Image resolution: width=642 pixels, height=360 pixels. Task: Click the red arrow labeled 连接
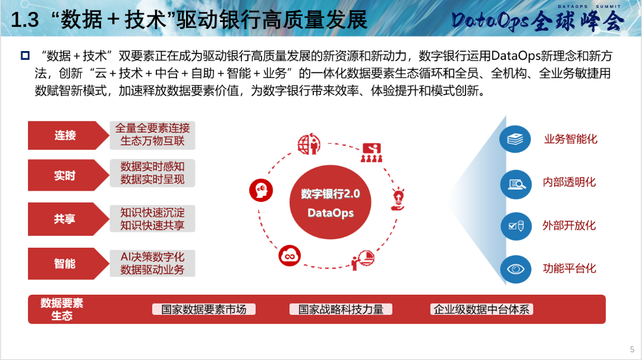coord(65,135)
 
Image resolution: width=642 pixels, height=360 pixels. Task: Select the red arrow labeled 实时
coord(65,175)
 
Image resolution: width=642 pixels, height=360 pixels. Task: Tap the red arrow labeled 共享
coord(65,219)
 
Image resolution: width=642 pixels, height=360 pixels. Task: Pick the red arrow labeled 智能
coord(65,263)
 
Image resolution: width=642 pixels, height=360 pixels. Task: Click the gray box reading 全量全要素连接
coord(152,135)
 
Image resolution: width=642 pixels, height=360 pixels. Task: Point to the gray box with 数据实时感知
coord(152,173)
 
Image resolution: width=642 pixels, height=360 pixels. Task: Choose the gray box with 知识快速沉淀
coord(152,219)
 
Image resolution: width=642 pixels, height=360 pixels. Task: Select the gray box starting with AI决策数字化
coord(152,263)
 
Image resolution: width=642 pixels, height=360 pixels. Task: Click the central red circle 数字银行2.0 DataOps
coord(331,202)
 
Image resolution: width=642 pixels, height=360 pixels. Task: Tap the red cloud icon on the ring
coord(289,255)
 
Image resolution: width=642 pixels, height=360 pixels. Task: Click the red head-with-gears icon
coord(261,190)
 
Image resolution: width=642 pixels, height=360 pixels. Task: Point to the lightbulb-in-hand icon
coord(398,199)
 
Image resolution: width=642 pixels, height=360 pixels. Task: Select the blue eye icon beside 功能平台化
coord(515,269)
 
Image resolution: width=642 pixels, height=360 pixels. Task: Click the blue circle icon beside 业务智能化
coord(515,139)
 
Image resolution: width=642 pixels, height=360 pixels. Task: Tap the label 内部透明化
coord(569,182)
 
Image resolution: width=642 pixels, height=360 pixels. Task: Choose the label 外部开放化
coord(569,225)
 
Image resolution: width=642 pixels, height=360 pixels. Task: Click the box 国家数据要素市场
coord(204,310)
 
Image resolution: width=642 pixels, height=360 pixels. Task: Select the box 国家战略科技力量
coord(341,310)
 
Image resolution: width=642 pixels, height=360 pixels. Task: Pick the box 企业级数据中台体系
coord(481,310)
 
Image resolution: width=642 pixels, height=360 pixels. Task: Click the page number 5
coord(632,349)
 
